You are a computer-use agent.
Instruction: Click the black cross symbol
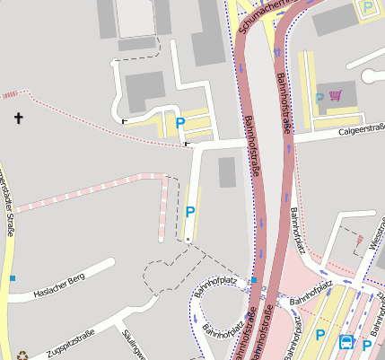[19, 117]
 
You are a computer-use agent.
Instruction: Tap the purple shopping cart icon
[336, 96]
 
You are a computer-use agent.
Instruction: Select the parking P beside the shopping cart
[319, 97]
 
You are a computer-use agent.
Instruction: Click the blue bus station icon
[346, 342]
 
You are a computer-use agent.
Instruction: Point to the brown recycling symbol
[22, 356]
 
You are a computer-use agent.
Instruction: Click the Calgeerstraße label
[361, 131]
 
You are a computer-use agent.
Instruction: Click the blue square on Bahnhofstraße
[255, 280]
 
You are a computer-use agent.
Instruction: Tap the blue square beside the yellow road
[13, 278]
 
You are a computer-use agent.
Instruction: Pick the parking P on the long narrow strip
[190, 213]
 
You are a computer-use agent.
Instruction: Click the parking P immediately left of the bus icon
[320, 335]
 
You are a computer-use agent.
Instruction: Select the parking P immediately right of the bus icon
[367, 344]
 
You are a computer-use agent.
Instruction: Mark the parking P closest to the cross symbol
[180, 123]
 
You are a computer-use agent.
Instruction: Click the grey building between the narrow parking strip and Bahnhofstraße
[227, 172]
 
